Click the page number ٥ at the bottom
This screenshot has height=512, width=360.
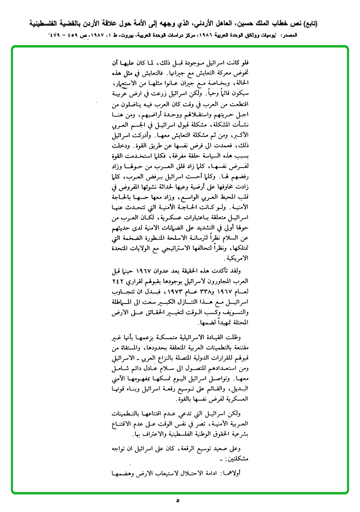click(178, 500)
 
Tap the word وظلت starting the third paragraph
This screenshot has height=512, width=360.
click(244, 338)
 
